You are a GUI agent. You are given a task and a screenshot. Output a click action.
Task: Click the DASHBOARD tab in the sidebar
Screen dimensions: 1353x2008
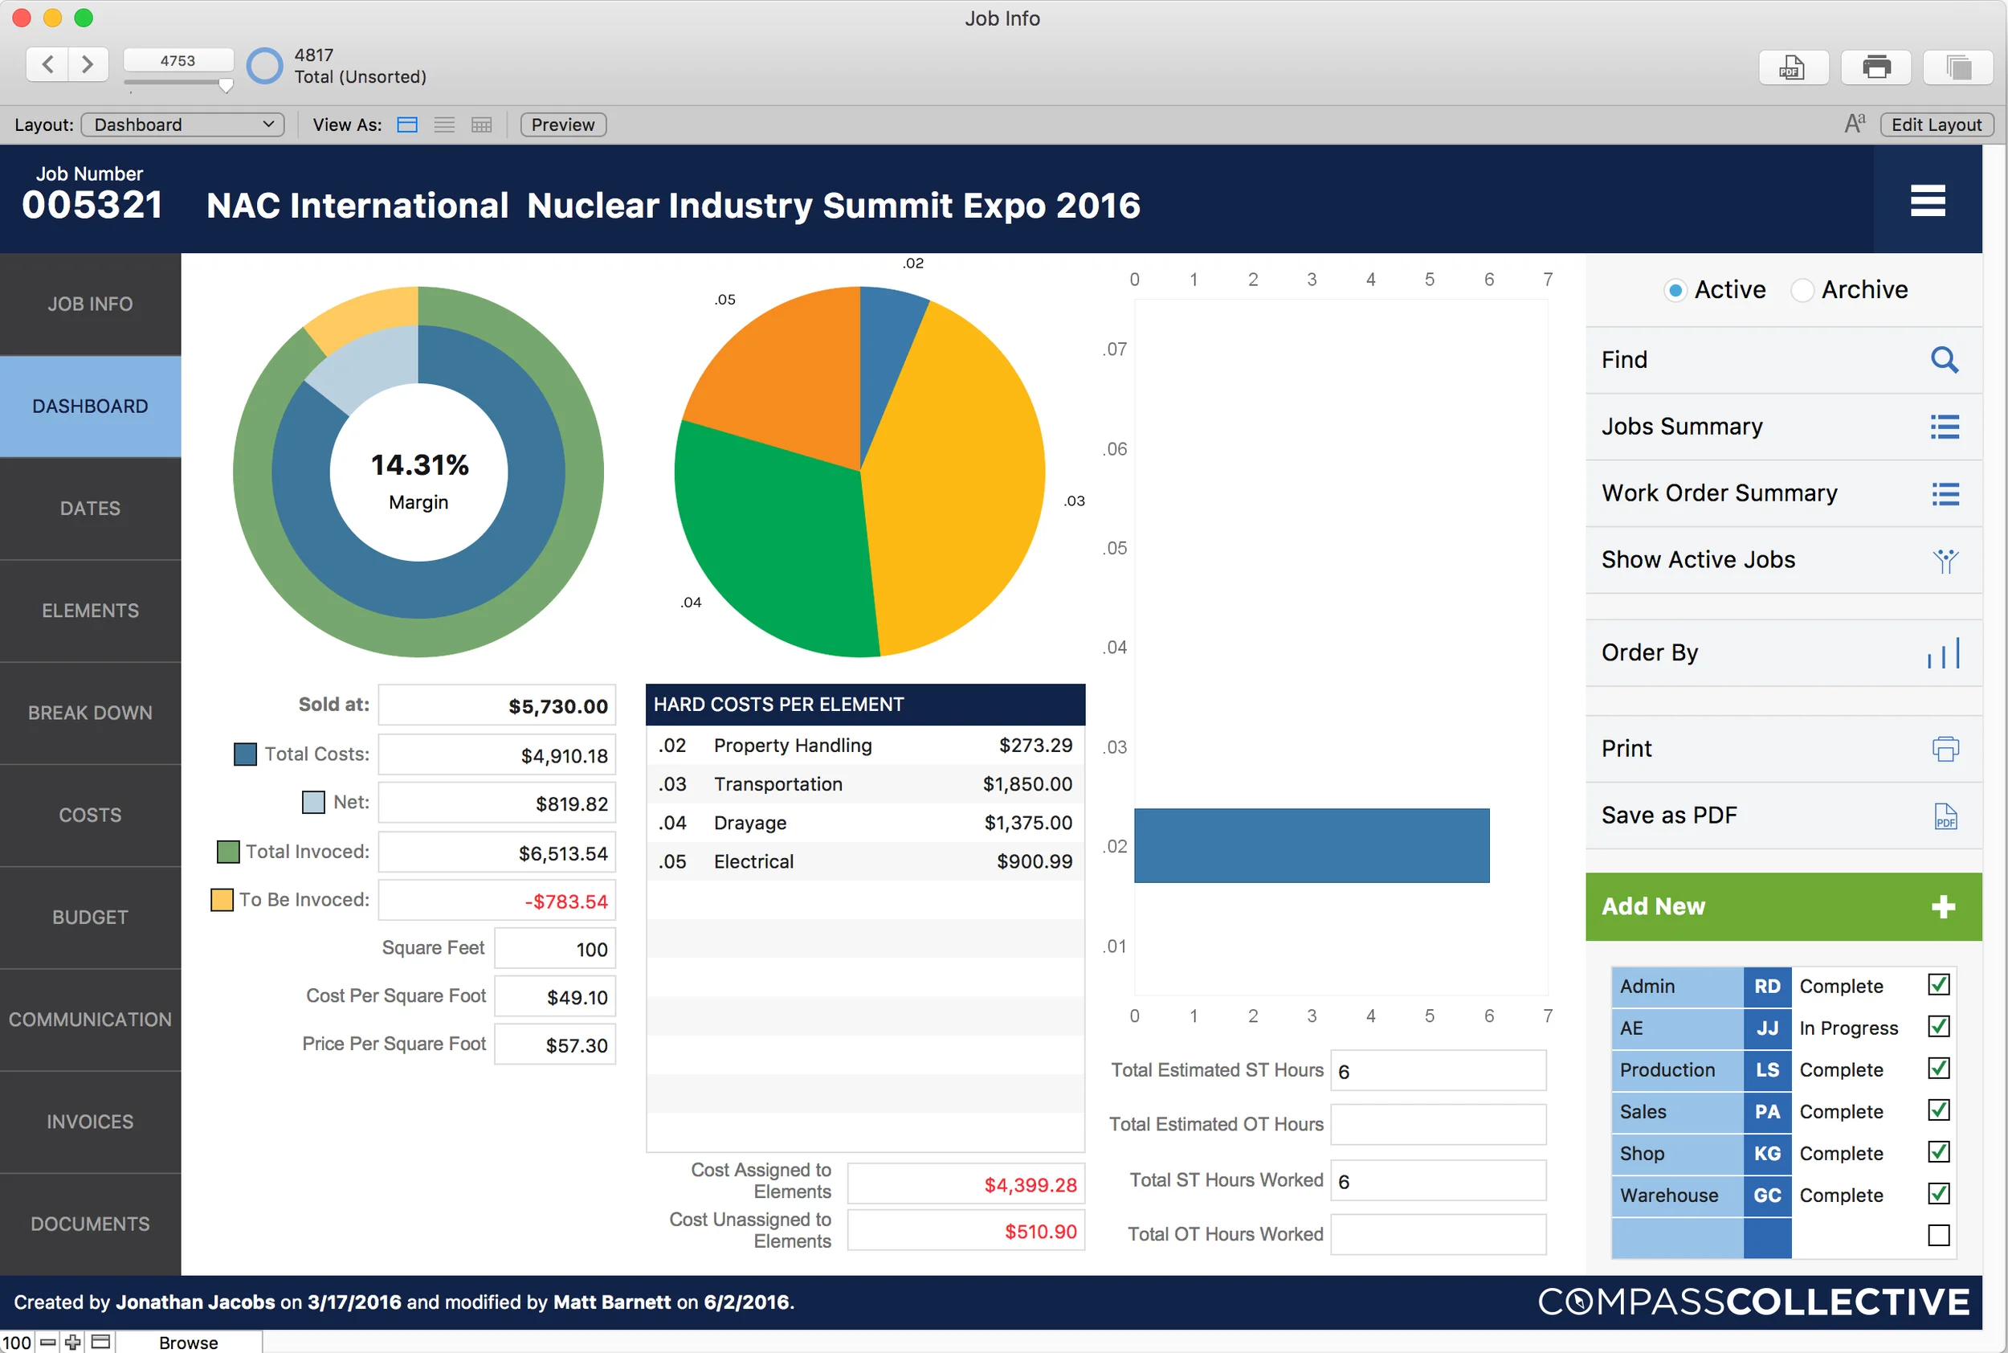tap(90, 407)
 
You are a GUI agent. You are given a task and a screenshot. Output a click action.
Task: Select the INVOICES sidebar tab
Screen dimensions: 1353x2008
tap(90, 1122)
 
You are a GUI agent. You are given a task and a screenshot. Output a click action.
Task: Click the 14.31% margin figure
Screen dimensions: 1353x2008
tap(419, 465)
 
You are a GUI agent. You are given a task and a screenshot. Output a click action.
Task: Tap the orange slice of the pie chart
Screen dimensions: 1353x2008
tap(776, 380)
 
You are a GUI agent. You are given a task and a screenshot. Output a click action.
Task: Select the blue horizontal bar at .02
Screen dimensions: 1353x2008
tap(1311, 845)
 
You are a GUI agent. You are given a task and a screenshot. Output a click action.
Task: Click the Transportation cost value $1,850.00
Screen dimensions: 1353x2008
tap(1027, 784)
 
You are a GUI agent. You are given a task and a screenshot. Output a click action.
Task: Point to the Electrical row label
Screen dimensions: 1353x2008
tap(753, 862)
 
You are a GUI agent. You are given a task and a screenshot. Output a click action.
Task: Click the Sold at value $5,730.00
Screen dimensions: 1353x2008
tap(557, 707)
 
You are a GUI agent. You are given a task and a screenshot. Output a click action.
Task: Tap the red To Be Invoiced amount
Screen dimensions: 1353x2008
tap(565, 901)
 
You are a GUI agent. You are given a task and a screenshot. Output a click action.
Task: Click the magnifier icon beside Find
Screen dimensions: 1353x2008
tap(1945, 360)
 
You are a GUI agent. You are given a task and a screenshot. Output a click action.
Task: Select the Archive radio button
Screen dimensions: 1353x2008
tap(1802, 291)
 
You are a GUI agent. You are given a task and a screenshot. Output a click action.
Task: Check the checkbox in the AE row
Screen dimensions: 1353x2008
tap(1938, 1027)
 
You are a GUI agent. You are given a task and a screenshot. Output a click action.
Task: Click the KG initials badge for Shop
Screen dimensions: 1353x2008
tap(1766, 1154)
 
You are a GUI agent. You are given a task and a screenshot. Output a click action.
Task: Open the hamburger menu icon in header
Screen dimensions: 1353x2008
tap(1927, 201)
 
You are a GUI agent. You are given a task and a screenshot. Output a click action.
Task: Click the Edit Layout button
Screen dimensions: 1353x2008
tap(1936, 125)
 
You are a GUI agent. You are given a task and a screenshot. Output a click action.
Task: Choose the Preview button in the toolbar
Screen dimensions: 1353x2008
tap(562, 125)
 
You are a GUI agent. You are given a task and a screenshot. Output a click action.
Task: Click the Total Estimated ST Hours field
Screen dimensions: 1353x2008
tap(1438, 1071)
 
